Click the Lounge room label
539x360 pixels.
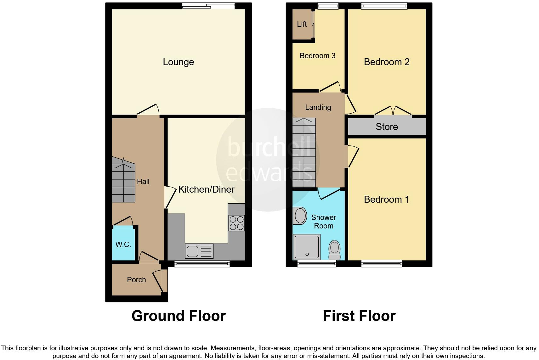(x=178, y=62)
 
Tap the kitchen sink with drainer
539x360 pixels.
(x=199, y=251)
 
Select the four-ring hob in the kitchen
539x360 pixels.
(x=236, y=223)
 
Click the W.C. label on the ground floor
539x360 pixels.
(x=123, y=245)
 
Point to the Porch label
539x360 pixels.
(x=136, y=280)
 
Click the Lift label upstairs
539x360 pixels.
(x=302, y=24)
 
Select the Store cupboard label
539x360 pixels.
(x=387, y=127)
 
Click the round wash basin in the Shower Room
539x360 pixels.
(x=300, y=216)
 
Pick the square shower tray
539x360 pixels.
(x=306, y=247)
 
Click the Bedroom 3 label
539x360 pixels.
(x=317, y=56)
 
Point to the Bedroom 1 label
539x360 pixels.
(x=386, y=200)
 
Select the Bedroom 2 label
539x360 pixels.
(x=386, y=62)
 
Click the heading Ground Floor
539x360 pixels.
(x=179, y=316)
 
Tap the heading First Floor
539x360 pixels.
(x=359, y=316)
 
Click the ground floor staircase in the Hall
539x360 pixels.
(x=123, y=183)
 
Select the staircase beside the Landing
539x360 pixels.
(x=304, y=153)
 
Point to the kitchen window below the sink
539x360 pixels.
(x=202, y=264)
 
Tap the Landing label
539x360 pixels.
(x=318, y=107)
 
